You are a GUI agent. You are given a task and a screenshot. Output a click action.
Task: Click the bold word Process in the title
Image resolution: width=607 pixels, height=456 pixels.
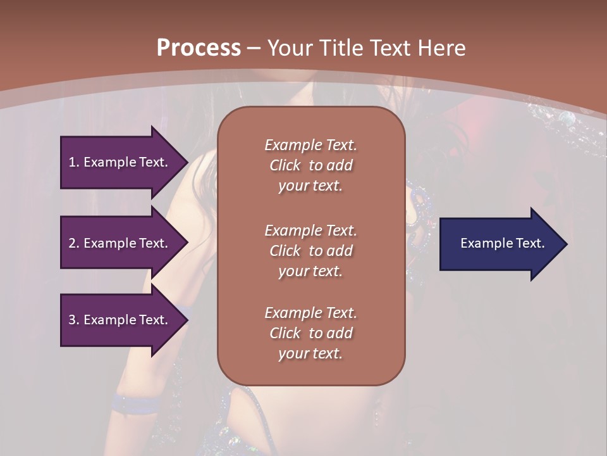(x=199, y=47)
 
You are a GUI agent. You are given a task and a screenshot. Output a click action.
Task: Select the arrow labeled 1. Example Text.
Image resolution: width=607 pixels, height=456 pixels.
(x=120, y=162)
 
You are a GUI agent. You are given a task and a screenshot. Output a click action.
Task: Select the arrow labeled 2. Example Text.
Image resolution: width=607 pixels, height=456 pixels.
(x=120, y=243)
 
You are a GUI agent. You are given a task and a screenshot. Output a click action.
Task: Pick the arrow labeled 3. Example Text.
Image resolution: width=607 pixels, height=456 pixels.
(x=120, y=320)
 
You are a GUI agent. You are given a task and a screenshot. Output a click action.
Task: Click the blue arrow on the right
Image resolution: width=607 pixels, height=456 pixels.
(x=500, y=244)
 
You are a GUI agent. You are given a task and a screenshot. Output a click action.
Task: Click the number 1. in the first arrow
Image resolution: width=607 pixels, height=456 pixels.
(x=73, y=162)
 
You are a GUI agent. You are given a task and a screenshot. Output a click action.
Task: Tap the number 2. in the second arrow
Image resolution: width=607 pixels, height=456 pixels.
(x=74, y=243)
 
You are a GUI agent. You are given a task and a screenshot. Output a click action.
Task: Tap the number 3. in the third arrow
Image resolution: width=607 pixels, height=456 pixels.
(x=74, y=320)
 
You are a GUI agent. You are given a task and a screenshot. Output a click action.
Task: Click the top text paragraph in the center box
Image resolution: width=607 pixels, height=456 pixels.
(x=310, y=165)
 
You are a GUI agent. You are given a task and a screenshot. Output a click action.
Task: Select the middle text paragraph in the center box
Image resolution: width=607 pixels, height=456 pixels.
(x=310, y=250)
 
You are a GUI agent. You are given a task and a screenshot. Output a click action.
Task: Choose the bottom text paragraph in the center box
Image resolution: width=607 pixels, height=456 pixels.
(x=310, y=333)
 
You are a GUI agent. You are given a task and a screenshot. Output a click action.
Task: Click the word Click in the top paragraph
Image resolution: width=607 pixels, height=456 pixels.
(x=285, y=165)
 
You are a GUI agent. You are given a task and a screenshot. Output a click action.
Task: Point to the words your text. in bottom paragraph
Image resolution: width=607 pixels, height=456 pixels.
(x=310, y=353)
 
